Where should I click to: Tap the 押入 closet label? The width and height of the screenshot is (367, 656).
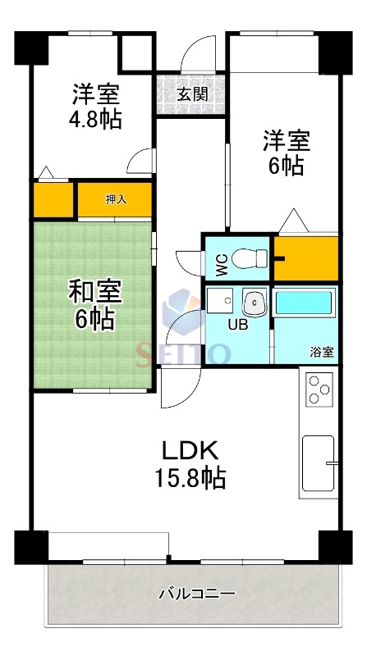coord(115,198)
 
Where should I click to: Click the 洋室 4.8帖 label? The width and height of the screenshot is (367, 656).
coord(95,105)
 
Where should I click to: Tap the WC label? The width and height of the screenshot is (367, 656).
coord(221,262)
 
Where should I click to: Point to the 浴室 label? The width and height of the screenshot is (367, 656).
coord(321,353)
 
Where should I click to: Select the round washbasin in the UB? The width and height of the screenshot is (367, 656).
coord(255,303)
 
